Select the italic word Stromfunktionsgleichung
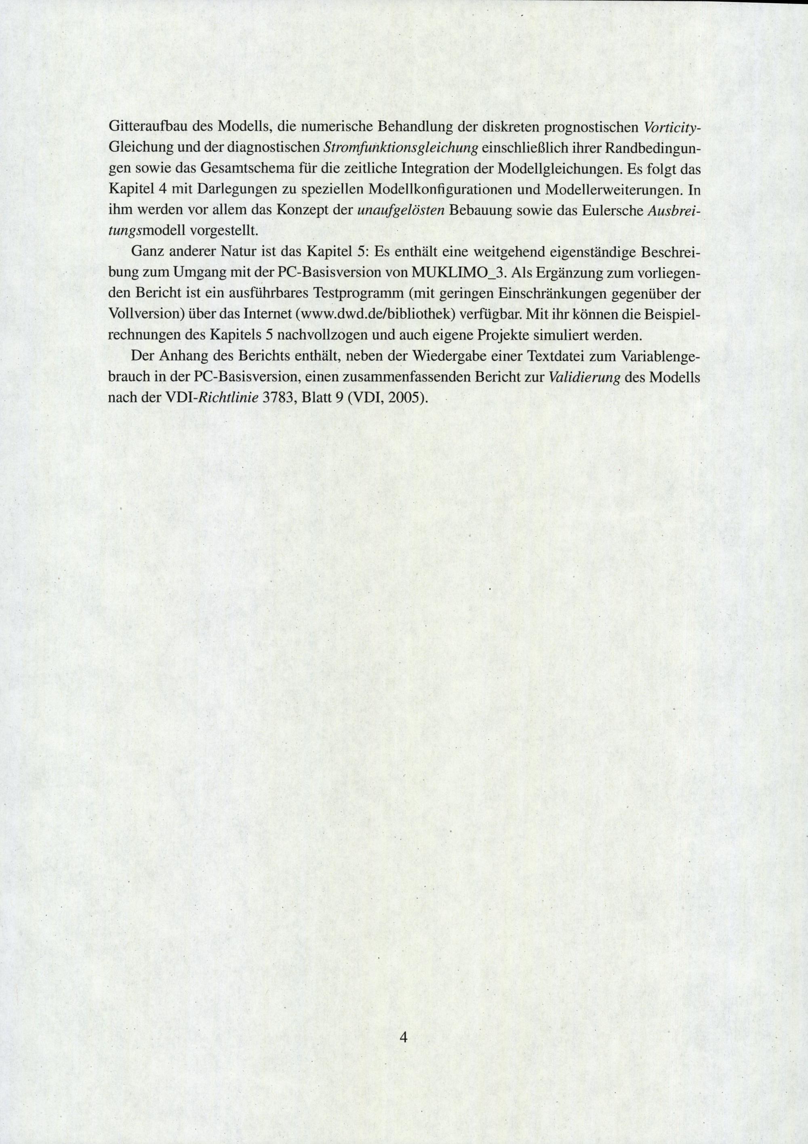(401, 148)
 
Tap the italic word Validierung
(583, 378)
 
